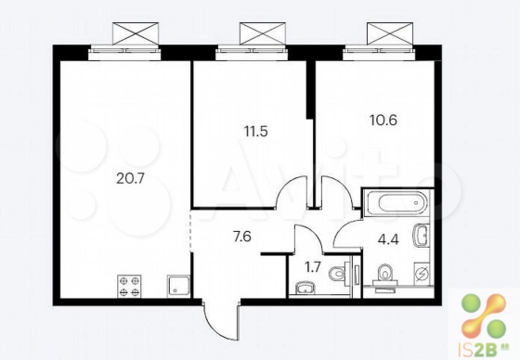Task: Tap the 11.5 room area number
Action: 255,132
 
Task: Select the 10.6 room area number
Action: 383,120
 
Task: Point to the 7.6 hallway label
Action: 242,237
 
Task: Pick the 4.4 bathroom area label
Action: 388,238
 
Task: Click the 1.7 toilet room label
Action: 313,268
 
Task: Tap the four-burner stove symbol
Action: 129,286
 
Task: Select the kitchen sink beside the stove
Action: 178,286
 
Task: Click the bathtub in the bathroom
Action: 396,203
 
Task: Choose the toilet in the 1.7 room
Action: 339,273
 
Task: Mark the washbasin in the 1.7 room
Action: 305,288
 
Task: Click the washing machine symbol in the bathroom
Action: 422,274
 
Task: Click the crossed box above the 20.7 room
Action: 136,33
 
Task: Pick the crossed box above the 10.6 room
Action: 390,33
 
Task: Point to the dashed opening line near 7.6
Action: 190,231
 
